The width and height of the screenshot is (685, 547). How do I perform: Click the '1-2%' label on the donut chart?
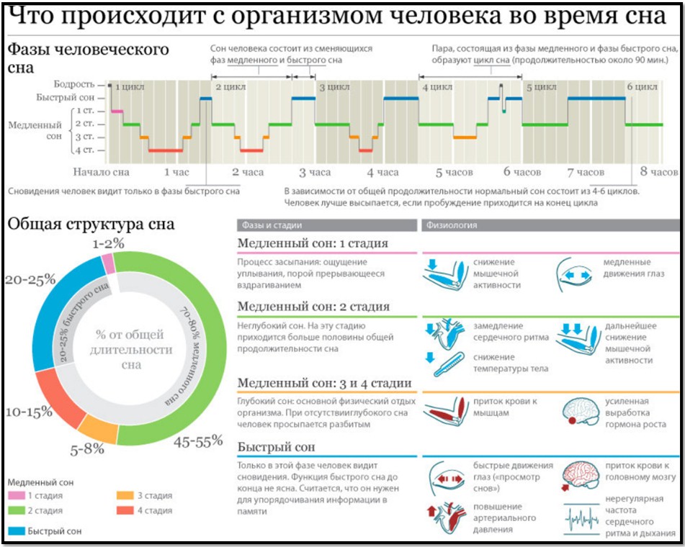click(107, 243)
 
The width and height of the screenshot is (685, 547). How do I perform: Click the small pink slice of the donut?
click(108, 263)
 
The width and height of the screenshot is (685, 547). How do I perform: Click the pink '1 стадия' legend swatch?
click(17, 496)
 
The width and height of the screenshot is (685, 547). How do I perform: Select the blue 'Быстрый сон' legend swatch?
click(17, 531)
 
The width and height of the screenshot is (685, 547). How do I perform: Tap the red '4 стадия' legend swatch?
click(125, 511)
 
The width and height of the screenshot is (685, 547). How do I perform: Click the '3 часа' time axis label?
click(315, 173)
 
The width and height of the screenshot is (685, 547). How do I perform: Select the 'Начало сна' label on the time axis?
click(101, 173)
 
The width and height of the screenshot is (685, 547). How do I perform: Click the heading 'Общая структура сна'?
click(91, 223)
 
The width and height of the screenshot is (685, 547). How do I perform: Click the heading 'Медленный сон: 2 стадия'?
click(313, 307)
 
